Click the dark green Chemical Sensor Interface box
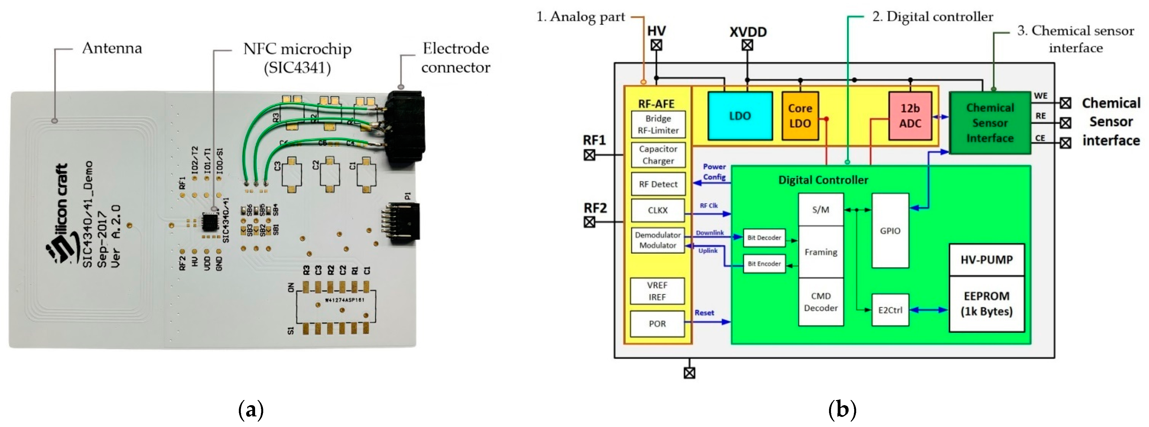click(990, 123)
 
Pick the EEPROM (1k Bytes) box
click(986, 304)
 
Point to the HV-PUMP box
click(986, 260)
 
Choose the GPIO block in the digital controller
click(890, 230)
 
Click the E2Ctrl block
click(890, 309)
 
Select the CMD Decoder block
click(821, 302)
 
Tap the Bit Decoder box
click(764, 238)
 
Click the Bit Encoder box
click(764, 263)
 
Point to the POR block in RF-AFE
click(657, 323)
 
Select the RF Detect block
click(658, 184)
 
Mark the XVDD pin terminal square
click(748, 45)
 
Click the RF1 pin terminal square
click(590, 155)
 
